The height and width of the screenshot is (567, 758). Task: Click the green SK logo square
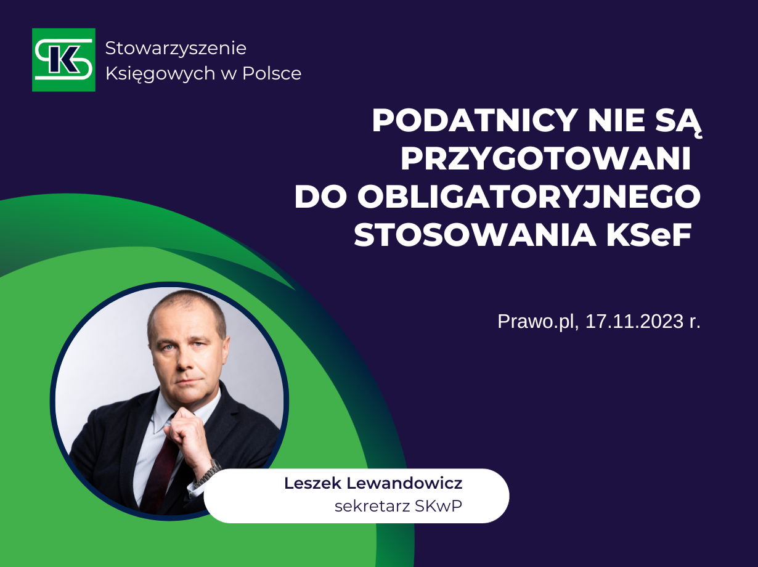(x=63, y=60)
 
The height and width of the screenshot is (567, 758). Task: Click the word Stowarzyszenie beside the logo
(x=176, y=48)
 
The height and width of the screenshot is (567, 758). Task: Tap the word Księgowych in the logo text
(x=160, y=74)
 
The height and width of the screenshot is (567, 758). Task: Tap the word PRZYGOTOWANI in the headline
(x=545, y=160)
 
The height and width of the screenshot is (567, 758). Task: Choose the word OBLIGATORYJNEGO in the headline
(x=529, y=197)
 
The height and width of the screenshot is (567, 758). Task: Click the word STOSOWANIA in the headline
(x=475, y=235)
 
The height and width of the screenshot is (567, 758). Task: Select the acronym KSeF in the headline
(x=648, y=235)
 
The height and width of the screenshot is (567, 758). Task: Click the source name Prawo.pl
(x=537, y=322)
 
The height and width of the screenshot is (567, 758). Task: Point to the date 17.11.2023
(x=634, y=321)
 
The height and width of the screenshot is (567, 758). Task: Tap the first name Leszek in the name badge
(x=312, y=483)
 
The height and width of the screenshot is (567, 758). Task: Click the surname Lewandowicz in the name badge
(x=404, y=483)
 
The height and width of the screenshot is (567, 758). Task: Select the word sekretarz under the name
(x=372, y=507)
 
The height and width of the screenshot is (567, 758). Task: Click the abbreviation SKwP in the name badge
(x=438, y=507)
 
